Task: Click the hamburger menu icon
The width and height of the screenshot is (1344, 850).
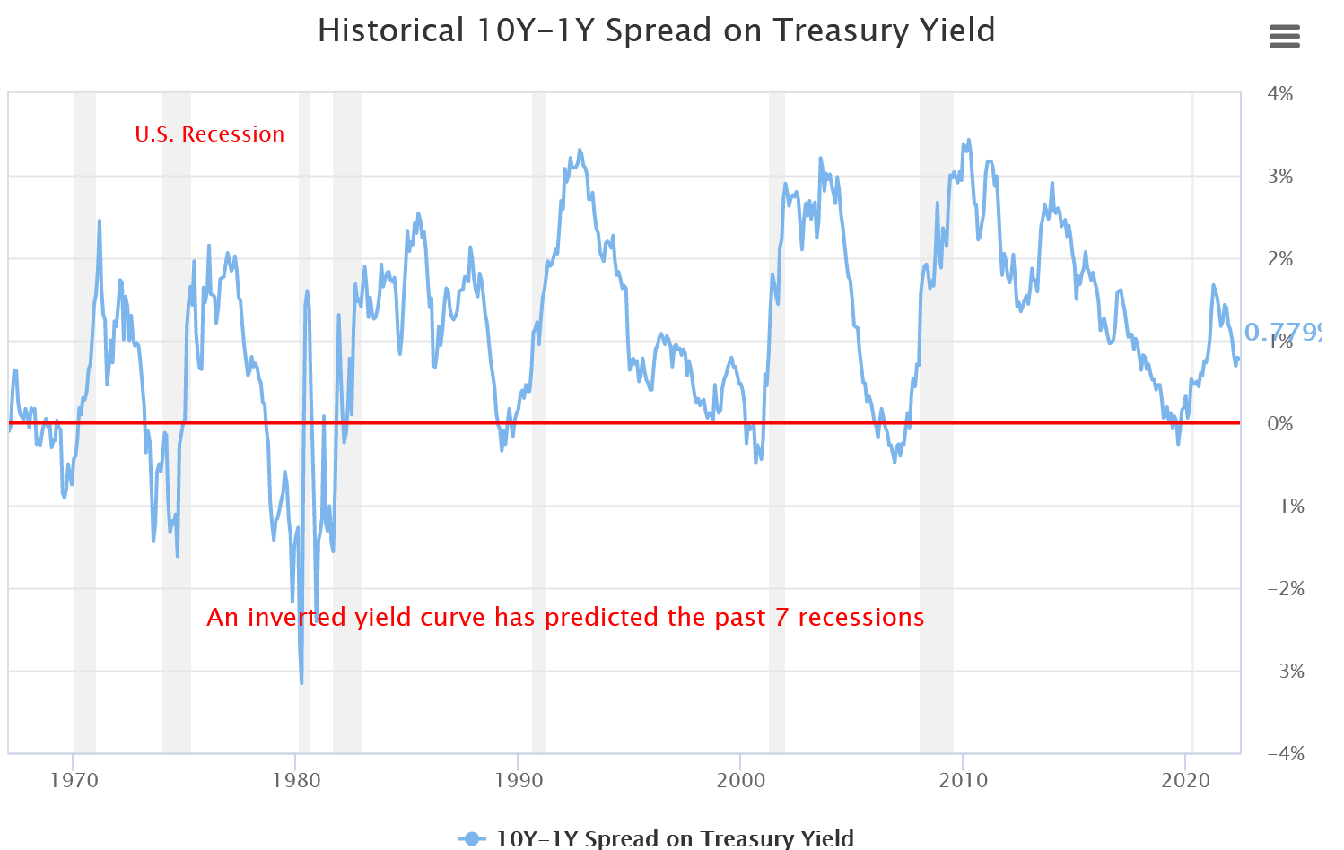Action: pyautogui.click(x=1285, y=37)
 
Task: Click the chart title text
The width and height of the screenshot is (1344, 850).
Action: pyautogui.click(x=656, y=30)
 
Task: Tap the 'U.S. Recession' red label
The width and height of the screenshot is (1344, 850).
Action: pyautogui.click(x=209, y=134)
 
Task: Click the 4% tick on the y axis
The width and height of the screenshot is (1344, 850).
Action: pyautogui.click(x=1280, y=94)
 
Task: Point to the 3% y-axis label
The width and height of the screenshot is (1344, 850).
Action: pyautogui.click(x=1280, y=177)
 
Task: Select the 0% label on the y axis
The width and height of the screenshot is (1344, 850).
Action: pyautogui.click(x=1280, y=423)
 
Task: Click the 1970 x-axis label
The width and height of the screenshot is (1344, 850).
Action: pyautogui.click(x=74, y=780)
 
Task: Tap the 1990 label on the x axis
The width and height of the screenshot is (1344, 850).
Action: pyautogui.click(x=519, y=780)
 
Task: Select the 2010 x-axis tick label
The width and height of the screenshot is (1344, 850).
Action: pyautogui.click(x=964, y=780)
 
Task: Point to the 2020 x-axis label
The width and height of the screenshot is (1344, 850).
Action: pyautogui.click(x=1186, y=780)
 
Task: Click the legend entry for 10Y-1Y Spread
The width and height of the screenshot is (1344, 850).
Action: pyautogui.click(x=656, y=838)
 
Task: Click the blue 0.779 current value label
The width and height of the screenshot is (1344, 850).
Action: pyautogui.click(x=1283, y=334)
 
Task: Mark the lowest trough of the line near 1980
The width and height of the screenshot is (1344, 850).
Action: pyautogui.click(x=301, y=683)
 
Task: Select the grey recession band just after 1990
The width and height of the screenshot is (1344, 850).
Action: pyautogui.click(x=539, y=538)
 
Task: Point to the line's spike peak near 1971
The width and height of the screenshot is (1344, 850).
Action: pyautogui.click(x=100, y=221)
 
